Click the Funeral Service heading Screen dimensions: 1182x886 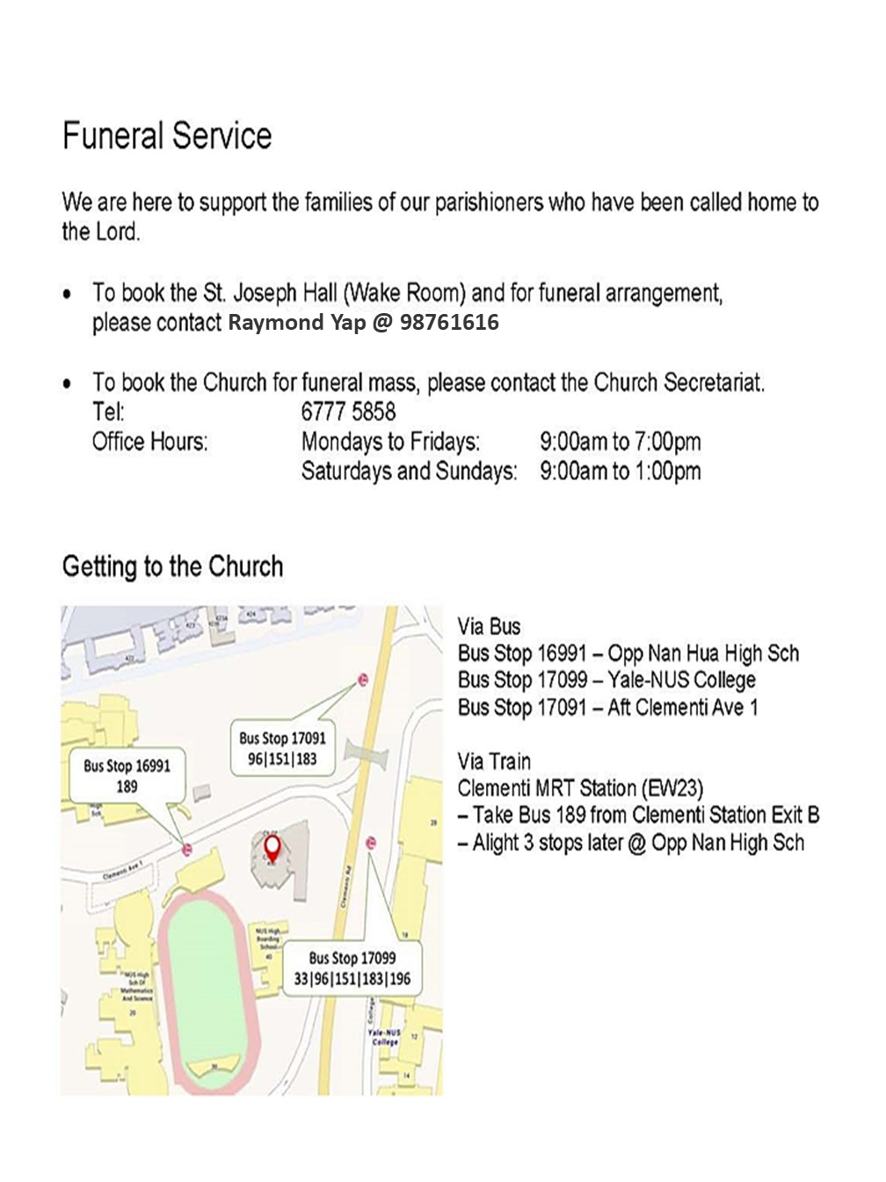(x=167, y=136)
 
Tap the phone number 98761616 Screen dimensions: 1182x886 (x=449, y=323)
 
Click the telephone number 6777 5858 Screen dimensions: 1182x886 (x=348, y=412)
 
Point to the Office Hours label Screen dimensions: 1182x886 (x=149, y=441)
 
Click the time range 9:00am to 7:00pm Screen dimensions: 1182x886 (x=620, y=441)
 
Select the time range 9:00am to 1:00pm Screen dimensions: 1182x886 (x=620, y=471)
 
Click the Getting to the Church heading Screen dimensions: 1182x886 (x=172, y=566)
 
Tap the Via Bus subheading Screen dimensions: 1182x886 (x=489, y=627)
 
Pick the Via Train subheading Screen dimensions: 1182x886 (x=494, y=762)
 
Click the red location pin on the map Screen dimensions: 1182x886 (x=273, y=848)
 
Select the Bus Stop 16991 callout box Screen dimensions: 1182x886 (x=127, y=776)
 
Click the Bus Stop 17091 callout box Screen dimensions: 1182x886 (x=282, y=748)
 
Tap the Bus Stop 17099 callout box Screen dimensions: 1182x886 (x=352, y=968)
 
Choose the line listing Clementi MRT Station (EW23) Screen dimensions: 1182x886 (x=580, y=788)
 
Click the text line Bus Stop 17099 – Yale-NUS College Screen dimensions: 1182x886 (x=606, y=681)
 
